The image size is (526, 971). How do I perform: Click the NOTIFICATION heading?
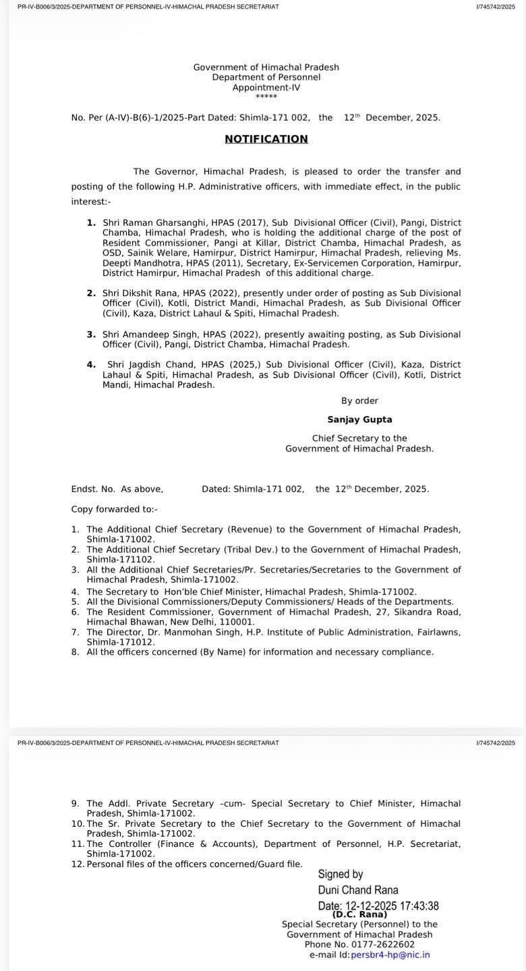[266, 139]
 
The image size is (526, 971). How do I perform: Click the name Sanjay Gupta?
[359, 419]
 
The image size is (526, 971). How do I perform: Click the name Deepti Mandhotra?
[134, 263]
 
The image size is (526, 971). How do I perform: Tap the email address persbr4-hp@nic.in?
[390, 955]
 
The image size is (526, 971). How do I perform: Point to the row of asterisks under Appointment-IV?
[266, 97]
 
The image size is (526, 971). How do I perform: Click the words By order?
[359, 401]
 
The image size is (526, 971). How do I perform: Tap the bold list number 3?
[91, 334]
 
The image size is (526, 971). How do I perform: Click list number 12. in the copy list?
[78, 864]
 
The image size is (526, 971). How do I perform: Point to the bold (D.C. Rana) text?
[359, 914]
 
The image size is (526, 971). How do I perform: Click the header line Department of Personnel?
[266, 78]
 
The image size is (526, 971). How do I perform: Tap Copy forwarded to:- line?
[115, 509]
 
